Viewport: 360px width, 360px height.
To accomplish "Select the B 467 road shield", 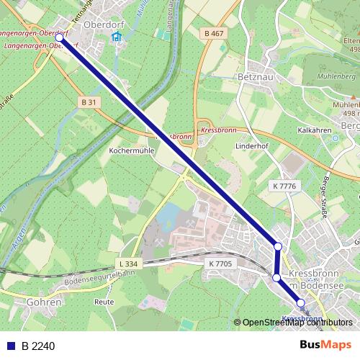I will pos(213,34).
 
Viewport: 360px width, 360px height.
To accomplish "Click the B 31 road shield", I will pos(89,103).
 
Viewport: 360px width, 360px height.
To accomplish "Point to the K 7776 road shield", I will pos(284,186).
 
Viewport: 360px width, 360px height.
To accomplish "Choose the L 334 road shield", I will pos(127,264).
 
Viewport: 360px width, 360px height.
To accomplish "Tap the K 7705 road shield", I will pos(220,264).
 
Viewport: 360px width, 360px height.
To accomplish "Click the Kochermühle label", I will pos(132,151).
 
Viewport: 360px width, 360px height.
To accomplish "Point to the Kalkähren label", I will pos(313,130).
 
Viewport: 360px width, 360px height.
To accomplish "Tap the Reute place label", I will pos(104,302).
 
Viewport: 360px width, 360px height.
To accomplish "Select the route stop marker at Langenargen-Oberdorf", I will pos(60,41).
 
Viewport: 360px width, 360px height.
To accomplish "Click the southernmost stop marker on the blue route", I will pos(301,303).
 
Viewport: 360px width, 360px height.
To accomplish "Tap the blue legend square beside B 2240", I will pos(11,346).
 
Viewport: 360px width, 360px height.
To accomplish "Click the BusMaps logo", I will pos(325,345).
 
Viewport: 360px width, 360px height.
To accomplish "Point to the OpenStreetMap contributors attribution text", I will pos(297,323).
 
